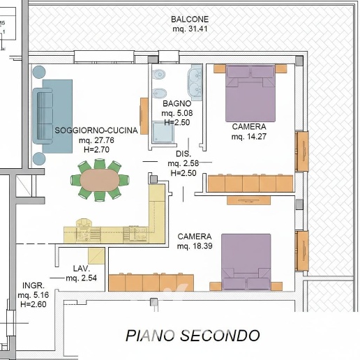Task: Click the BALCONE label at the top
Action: click(x=190, y=19)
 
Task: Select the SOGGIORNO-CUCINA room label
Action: click(x=91, y=130)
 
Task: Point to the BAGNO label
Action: click(x=176, y=103)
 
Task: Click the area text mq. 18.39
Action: click(x=195, y=247)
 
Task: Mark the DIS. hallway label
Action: click(x=183, y=153)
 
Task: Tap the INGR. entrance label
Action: click(x=33, y=285)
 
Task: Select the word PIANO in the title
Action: click(x=149, y=336)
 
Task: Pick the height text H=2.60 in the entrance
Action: click(x=33, y=305)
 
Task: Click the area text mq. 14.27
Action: click(x=248, y=136)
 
